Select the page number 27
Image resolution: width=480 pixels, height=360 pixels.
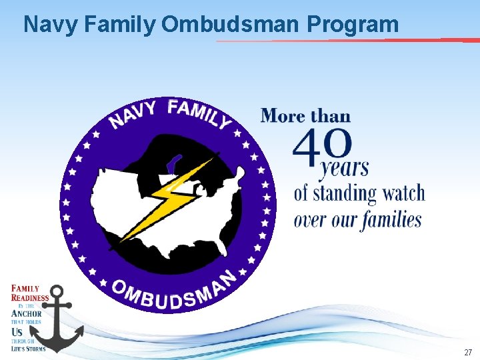point(467,352)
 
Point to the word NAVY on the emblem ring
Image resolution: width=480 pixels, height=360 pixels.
point(133,115)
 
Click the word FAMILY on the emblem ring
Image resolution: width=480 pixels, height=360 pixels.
point(199,112)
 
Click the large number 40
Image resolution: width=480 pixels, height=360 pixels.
point(321,147)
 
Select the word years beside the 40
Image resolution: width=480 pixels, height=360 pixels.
point(343,167)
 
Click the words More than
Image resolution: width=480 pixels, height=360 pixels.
point(305,116)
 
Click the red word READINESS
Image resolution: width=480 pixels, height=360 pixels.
point(30,298)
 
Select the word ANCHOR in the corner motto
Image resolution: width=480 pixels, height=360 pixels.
point(27,313)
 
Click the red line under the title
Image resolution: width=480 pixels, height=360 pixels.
point(347,41)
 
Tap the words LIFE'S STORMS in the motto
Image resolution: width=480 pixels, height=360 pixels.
point(28,348)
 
